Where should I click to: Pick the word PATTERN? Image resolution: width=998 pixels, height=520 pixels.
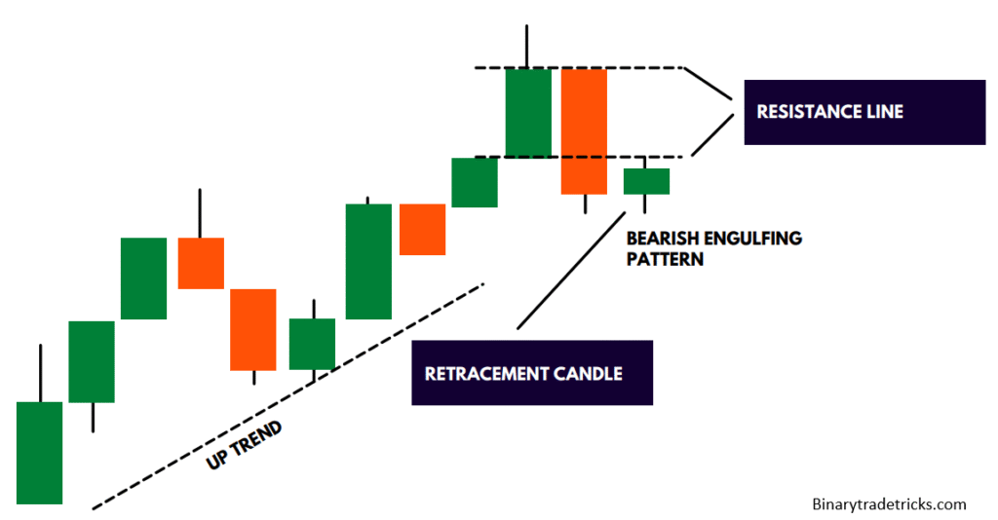[665, 260]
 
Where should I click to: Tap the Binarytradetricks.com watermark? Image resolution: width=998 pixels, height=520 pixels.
[888, 503]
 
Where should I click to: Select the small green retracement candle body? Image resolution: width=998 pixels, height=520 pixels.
[646, 181]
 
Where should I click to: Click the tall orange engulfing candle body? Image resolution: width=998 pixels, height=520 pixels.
[584, 130]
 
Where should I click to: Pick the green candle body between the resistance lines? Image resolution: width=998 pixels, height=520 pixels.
[528, 112]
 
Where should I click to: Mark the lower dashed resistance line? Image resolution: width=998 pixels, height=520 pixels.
[487, 157]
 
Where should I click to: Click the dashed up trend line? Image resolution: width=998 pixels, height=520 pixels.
[390, 336]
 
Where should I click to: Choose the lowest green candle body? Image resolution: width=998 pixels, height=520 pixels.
[40, 453]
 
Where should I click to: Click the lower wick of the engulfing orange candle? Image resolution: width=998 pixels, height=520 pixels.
[585, 204]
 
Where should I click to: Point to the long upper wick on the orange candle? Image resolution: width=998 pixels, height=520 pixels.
[200, 213]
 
